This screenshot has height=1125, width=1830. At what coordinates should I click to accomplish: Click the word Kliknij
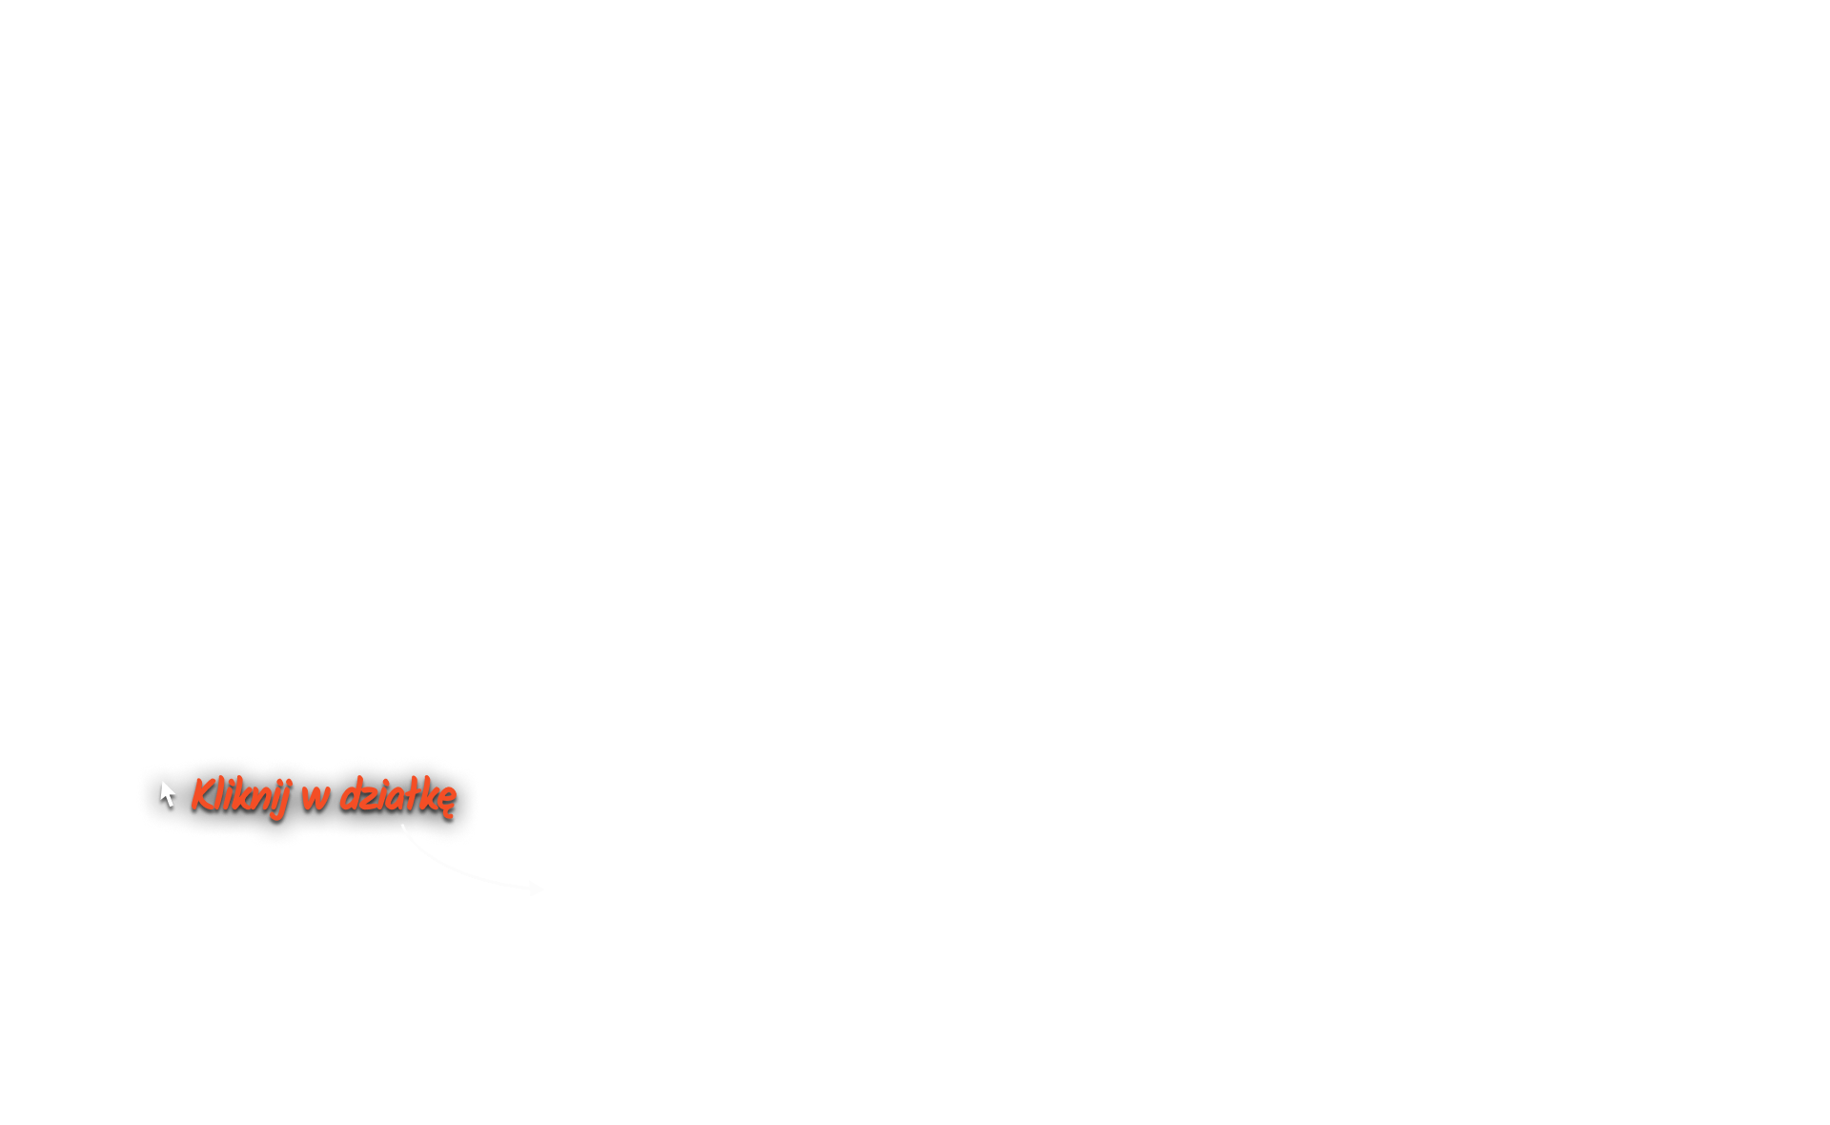coord(239,795)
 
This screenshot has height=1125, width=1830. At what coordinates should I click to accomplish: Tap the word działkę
coord(397,795)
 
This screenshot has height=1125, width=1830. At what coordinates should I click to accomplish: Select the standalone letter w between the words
coord(315,797)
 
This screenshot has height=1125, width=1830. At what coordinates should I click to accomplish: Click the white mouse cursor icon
coord(168,793)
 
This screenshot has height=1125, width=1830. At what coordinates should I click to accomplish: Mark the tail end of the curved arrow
coord(402,826)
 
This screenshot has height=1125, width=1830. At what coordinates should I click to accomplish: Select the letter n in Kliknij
coord(260,797)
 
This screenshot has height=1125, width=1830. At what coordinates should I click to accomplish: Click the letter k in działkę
coord(425,795)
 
